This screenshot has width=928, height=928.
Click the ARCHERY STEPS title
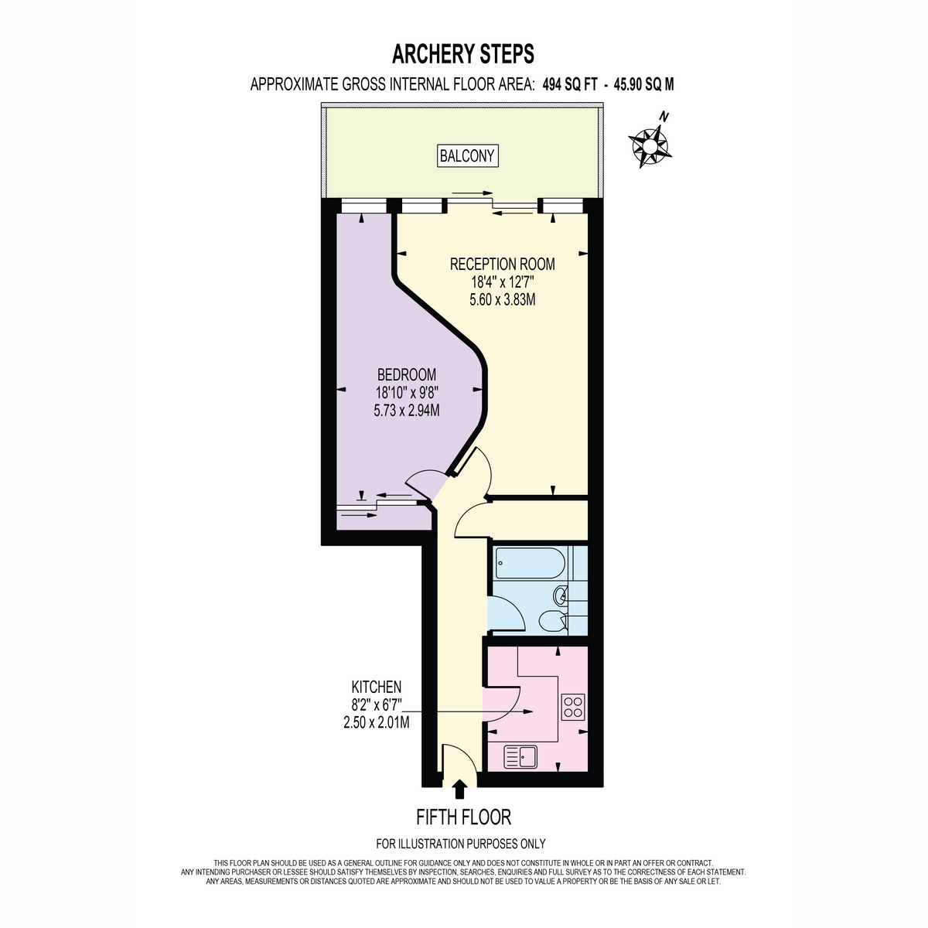pyautogui.click(x=462, y=54)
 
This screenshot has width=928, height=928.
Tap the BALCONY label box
pyautogui.click(x=467, y=156)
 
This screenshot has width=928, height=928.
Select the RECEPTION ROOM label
pyautogui.click(x=503, y=264)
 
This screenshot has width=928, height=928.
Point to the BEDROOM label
pyautogui.click(x=407, y=374)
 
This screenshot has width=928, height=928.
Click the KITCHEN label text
pyautogui.click(x=376, y=687)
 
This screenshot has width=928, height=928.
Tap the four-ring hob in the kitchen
pyautogui.click(x=574, y=707)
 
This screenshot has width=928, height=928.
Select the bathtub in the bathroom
pyautogui.click(x=529, y=563)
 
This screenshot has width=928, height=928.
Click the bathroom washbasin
pyautogui.click(x=561, y=595)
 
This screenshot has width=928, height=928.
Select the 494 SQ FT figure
pyautogui.click(x=570, y=85)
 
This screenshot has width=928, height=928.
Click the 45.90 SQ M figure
pyautogui.click(x=643, y=85)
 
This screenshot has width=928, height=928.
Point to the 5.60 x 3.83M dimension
pyautogui.click(x=503, y=300)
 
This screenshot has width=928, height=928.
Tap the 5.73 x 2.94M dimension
pyautogui.click(x=407, y=411)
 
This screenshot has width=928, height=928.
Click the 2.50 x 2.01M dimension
pyautogui.click(x=376, y=722)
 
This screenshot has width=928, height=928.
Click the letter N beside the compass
pyautogui.click(x=664, y=117)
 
